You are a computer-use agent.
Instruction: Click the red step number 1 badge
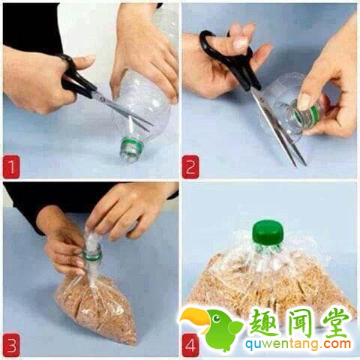pyautogui.click(x=11, y=166)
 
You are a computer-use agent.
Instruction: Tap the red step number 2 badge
pyautogui.click(x=190, y=166)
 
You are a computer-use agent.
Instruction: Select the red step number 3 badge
pyautogui.click(x=11, y=345)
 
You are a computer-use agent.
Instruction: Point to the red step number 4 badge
pyautogui.click(x=190, y=345)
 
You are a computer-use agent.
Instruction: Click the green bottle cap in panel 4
pyautogui.click(x=268, y=231)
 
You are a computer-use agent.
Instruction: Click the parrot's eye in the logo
pyautogui.click(x=217, y=319)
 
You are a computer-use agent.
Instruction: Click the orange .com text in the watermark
pyautogui.click(x=335, y=344)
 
